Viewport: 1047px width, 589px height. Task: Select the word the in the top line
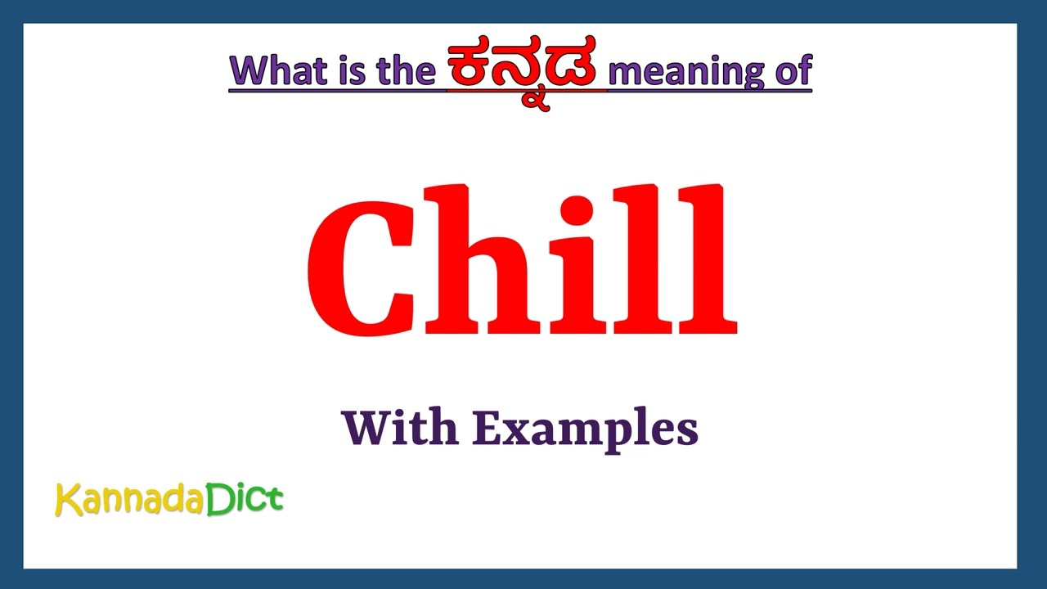(x=406, y=71)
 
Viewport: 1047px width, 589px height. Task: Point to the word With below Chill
(x=400, y=428)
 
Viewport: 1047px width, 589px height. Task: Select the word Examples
(x=585, y=429)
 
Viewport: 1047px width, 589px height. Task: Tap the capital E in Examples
(x=487, y=428)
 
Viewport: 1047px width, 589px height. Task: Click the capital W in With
(x=365, y=428)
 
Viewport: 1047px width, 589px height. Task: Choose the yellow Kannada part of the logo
(x=129, y=500)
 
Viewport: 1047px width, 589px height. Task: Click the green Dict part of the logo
(x=245, y=499)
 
